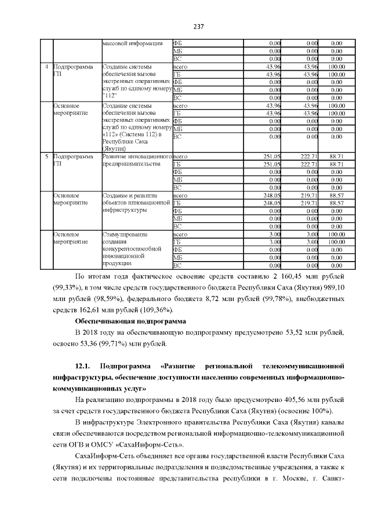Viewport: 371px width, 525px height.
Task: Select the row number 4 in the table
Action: tap(46, 67)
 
